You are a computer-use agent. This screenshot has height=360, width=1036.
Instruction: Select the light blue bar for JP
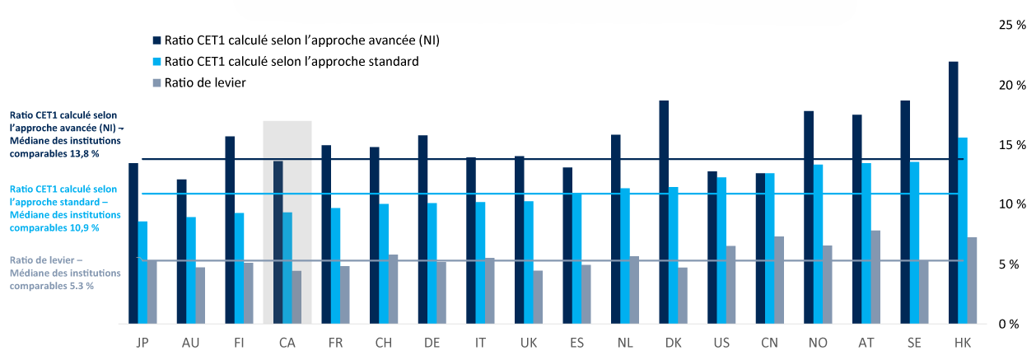click(142, 272)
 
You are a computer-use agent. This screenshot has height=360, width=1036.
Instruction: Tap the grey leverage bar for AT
click(875, 277)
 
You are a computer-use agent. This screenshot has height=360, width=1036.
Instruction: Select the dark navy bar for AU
click(181, 251)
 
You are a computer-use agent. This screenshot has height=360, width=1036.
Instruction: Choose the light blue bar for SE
click(914, 242)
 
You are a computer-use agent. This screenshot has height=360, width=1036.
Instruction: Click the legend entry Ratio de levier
click(205, 82)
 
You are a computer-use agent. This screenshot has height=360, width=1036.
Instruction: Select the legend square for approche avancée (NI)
click(156, 40)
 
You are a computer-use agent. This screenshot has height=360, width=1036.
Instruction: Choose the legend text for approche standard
click(292, 62)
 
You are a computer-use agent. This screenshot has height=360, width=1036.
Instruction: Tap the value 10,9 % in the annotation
click(80, 227)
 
